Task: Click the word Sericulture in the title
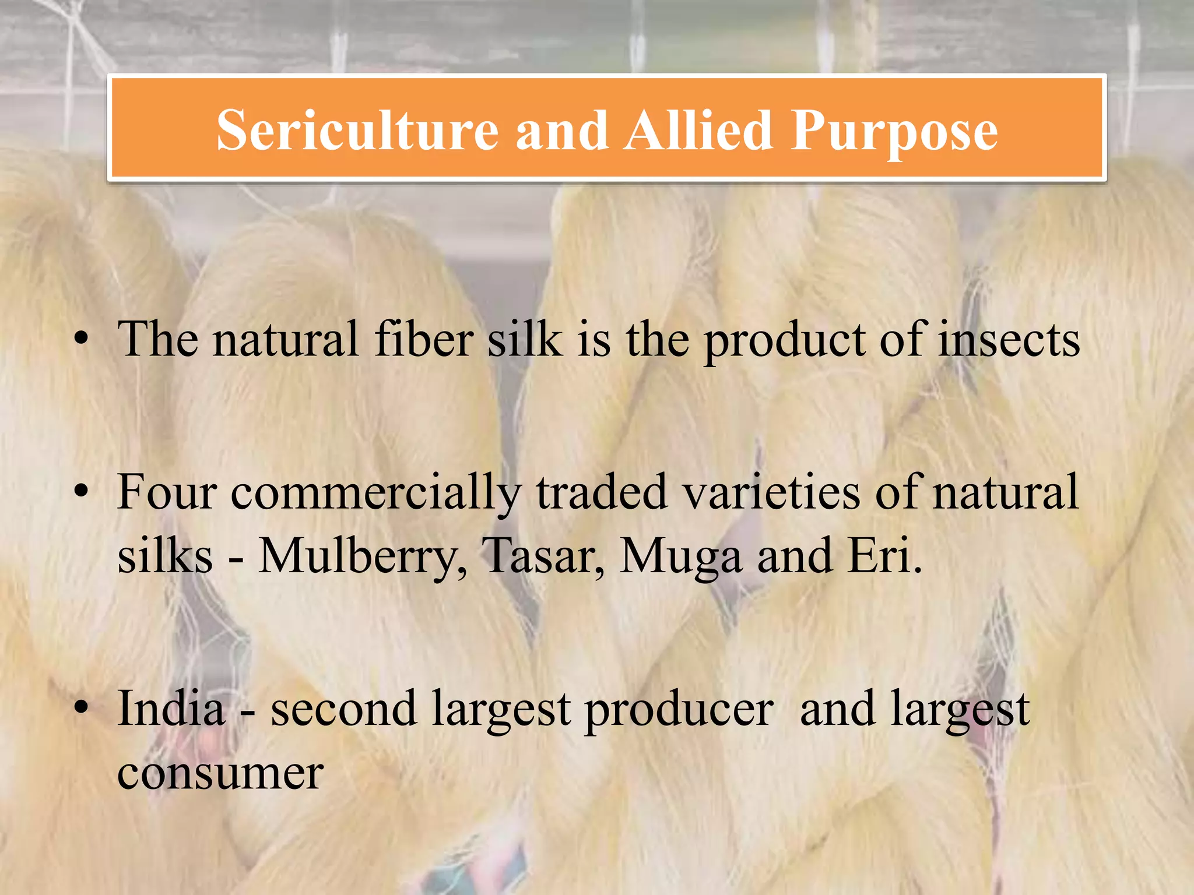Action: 357,131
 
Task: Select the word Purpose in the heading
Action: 894,133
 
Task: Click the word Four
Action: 167,492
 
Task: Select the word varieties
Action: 771,492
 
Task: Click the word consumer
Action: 220,774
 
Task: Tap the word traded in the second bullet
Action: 601,492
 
